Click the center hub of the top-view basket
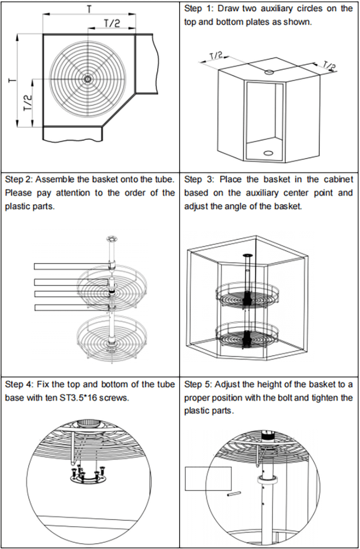(x=87, y=79)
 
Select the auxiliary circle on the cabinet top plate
(x=268, y=72)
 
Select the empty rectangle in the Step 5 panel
(x=208, y=478)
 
